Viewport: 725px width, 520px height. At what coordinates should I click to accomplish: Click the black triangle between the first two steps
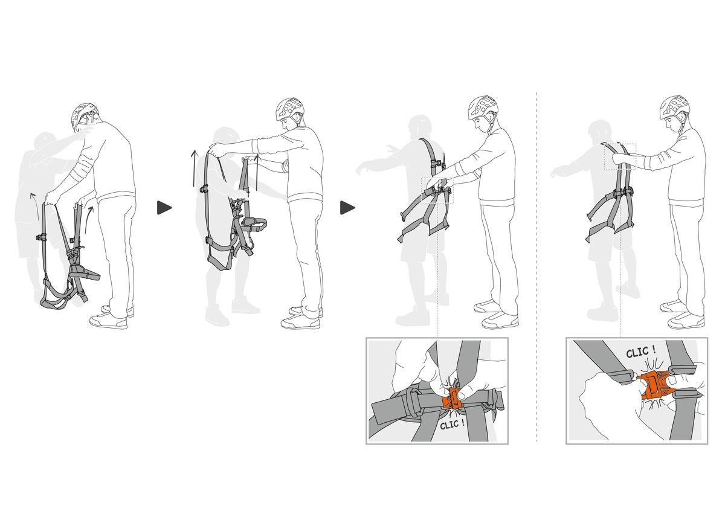(x=164, y=208)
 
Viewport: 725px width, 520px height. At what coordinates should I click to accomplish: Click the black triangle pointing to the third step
(x=347, y=208)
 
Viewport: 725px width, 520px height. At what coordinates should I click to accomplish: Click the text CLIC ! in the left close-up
(x=453, y=425)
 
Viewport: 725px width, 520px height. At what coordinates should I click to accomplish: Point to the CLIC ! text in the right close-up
(x=641, y=351)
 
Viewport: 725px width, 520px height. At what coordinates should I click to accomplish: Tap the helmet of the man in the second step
(x=289, y=109)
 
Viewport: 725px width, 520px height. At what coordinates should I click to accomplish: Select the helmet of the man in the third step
(x=482, y=107)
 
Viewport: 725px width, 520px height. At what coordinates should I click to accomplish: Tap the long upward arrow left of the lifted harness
(x=195, y=169)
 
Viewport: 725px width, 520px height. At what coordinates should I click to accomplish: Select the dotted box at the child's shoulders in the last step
(x=620, y=156)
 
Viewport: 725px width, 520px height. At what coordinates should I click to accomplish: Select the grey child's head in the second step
(x=224, y=138)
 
